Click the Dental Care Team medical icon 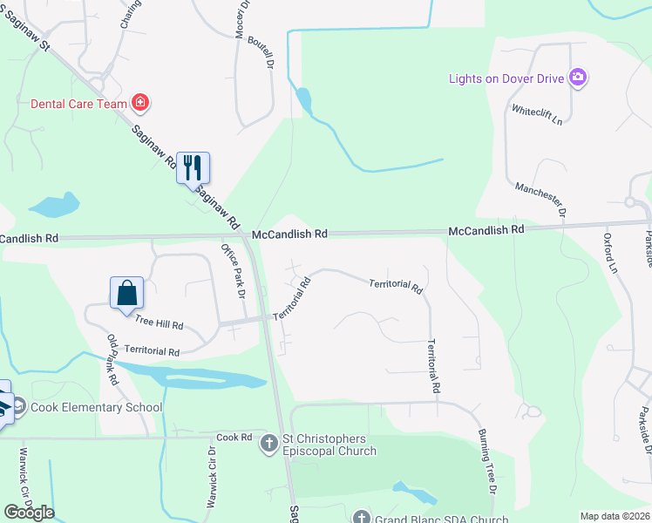[x=140, y=104]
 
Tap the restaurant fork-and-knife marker [x=194, y=167]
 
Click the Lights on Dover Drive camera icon [x=577, y=78]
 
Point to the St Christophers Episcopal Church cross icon [x=269, y=445]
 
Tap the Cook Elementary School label [x=96, y=407]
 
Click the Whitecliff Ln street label [x=537, y=114]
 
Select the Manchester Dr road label [x=540, y=200]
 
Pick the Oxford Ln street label [x=610, y=253]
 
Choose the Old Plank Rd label [x=112, y=359]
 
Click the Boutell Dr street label [x=261, y=52]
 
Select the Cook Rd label [x=234, y=438]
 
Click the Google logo [x=29, y=513]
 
